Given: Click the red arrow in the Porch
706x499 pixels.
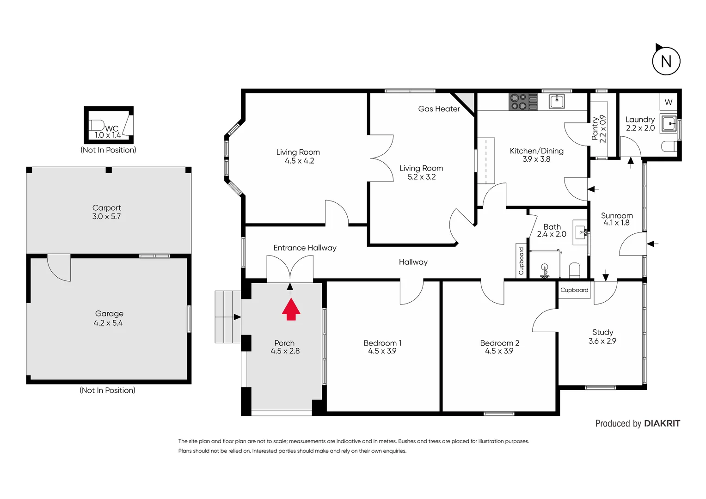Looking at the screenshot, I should (x=291, y=310).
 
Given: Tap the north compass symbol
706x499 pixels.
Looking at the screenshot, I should (x=666, y=61).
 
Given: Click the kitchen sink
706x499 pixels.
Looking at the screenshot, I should (x=557, y=101).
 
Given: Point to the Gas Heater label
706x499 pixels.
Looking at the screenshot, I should (x=439, y=109).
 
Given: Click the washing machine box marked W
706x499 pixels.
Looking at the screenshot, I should (x=668, y=102).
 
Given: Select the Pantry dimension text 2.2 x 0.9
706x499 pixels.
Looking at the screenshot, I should (x=603, y=129).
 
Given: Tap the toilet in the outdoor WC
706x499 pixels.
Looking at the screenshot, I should (x=97, y=125).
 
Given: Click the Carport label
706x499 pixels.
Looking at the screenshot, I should (x=106, y=208).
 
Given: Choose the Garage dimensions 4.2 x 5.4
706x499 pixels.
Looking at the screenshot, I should (x=108, y=323).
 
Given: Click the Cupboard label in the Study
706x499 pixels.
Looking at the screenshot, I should (x=574, y=290).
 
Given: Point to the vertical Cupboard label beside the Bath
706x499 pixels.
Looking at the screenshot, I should (x=522, y=261).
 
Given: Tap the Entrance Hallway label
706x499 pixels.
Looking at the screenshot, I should (x=305, y=248).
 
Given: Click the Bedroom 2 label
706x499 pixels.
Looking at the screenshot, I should (x=499, y=343).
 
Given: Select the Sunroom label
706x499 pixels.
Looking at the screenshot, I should (x=617, y=215).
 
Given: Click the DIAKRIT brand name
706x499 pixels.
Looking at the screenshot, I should (x=662, y=423).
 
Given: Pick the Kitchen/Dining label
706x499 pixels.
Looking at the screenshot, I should (x=536, y=151).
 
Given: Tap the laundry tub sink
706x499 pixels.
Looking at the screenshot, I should (x=669, y=124).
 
